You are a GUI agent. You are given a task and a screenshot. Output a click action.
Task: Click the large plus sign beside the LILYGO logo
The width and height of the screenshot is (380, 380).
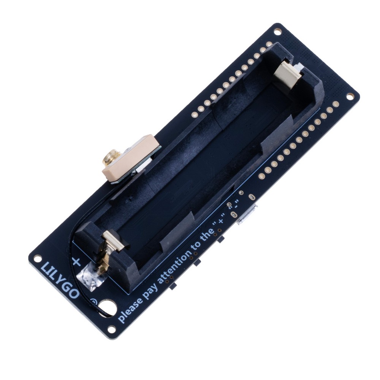click(76, 261)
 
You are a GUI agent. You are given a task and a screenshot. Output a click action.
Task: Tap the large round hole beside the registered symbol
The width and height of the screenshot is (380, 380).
click(108, 307)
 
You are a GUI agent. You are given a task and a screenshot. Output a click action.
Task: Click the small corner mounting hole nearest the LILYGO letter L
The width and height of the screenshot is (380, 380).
click(37, 259)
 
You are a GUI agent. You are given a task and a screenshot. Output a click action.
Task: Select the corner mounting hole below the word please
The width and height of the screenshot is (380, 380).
click(112, 329)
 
